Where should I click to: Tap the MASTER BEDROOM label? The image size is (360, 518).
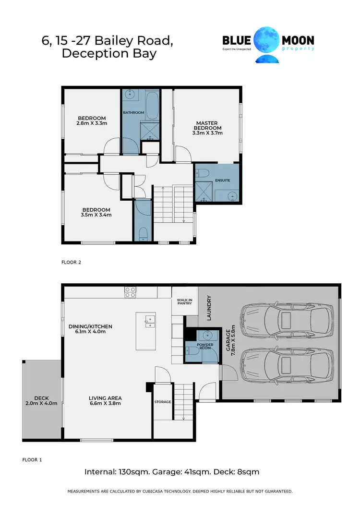pyautogui.click(x=207, y=125)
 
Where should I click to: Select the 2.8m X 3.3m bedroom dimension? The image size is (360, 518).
pyautogui.click(x=91, y=123)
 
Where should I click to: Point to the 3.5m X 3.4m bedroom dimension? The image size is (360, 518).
pyautogui.click(x=96, y=215)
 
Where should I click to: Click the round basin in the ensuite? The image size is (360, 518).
pyautogui.click(x=232, y=196)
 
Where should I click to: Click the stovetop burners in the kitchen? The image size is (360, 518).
pyautogui.click(x=130, y=292)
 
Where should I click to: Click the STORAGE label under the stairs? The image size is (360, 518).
pyautogui.click(x=162, y=401)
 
